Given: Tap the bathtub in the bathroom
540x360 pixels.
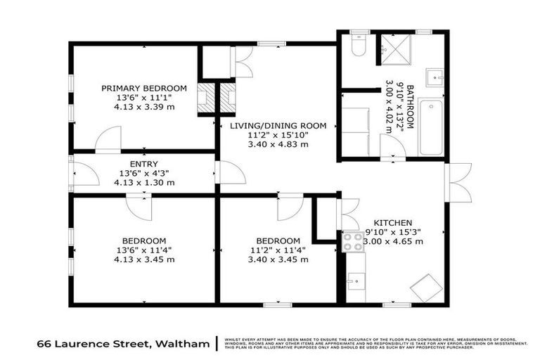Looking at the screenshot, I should point(430,127).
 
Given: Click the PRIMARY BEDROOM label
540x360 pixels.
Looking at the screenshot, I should point(144,88).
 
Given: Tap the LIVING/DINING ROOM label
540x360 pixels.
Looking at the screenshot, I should point(278,126).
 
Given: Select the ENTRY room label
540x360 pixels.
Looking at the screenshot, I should point(144,164).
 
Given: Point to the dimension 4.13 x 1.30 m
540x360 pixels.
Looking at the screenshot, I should point(144,182).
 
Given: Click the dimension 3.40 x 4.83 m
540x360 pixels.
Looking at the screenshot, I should point(278,145).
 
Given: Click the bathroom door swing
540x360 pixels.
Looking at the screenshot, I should point(392,148).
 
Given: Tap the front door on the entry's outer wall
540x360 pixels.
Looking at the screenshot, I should point(83,173).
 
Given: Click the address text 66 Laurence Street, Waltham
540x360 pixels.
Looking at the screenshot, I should point(123,344).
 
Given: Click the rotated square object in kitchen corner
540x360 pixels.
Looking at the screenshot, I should point(427,287).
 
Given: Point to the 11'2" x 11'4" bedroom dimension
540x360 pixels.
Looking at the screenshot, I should point(278,250).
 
